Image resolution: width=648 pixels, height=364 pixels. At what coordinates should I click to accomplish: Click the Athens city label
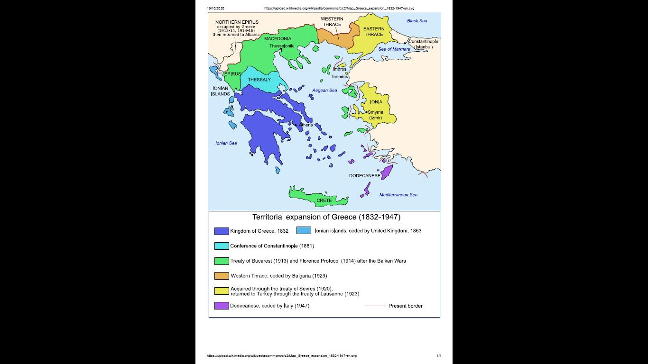pyautogui.click(x=305, y=125)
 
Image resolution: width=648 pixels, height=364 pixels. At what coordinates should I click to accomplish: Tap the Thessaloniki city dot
pyautogui.click(x=281, y=49)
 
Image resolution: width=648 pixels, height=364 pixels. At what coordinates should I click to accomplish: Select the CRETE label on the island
pyautogui.click(x=324, y=200)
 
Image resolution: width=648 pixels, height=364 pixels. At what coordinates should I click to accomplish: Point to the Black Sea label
pyautogui.click(x=417, y=21)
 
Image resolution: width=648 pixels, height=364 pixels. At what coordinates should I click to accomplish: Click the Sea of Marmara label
pyautogui.click(x=394, y=49)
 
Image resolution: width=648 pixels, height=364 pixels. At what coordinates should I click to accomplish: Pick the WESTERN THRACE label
pyautogui.click(x=332, y=21)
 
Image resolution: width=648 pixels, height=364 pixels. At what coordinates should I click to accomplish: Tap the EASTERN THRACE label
pyautogui.click(x=374, y=31)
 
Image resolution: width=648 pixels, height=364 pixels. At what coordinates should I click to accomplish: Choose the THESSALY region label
pyautogui.click(x=259, y=80)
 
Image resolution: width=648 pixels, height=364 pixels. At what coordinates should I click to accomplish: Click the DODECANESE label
pyautogui.click(x=364, y=176)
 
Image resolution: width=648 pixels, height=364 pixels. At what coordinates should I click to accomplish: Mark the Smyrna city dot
pyautogui.click(x=366, y=112)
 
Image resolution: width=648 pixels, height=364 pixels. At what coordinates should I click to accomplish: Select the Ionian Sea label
pyautogui.click(x=226, y=143)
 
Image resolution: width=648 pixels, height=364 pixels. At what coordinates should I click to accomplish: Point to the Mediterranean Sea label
pyautogui.click(x=398, y=195)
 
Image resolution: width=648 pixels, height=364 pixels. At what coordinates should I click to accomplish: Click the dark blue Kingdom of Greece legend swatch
pyautogui.click(x=222, y=231)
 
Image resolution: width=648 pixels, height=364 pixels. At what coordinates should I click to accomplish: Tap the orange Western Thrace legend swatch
pyautogui.click(x=222, y=276)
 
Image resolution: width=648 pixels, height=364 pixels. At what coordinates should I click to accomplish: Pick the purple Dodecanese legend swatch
pyautogui.click(x=222, y=306)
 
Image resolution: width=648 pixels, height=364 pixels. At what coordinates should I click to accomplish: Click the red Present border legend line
pyautogui.click(x=374, y=306)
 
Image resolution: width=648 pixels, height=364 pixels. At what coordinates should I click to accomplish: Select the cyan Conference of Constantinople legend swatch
pyautogui.click(x=222, y=246)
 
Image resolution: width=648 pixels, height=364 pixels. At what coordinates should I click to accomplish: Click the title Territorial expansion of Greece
pyautogui.click(x=326, y=218)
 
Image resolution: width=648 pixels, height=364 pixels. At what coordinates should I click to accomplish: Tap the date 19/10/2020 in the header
pyautogui.click(x=216, y=8)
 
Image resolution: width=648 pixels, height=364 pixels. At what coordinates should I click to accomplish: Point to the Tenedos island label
pyautogui.click(x=339, y=77)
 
